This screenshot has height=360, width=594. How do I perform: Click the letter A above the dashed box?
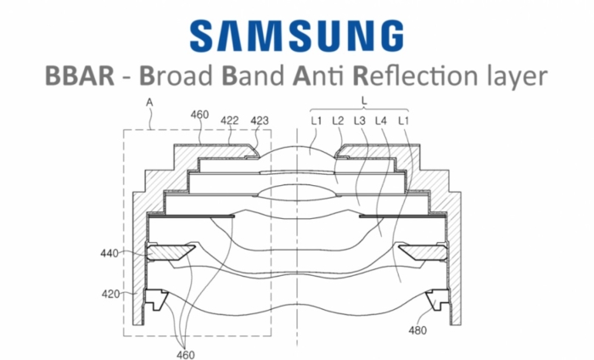tap(150, 104)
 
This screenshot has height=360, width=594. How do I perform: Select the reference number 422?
tap(229, 121)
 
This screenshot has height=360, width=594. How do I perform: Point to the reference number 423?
tap(259, 121)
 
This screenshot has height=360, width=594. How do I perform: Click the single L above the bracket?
tap(364, 101)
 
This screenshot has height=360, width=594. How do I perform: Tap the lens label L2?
tap(338, 121)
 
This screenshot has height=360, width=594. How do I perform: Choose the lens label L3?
tap(360, 121)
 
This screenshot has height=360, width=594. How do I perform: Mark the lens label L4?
tap(382, 121)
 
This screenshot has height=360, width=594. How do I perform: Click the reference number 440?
tap(109, 252)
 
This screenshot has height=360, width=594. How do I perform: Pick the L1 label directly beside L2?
tap(317, 121)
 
